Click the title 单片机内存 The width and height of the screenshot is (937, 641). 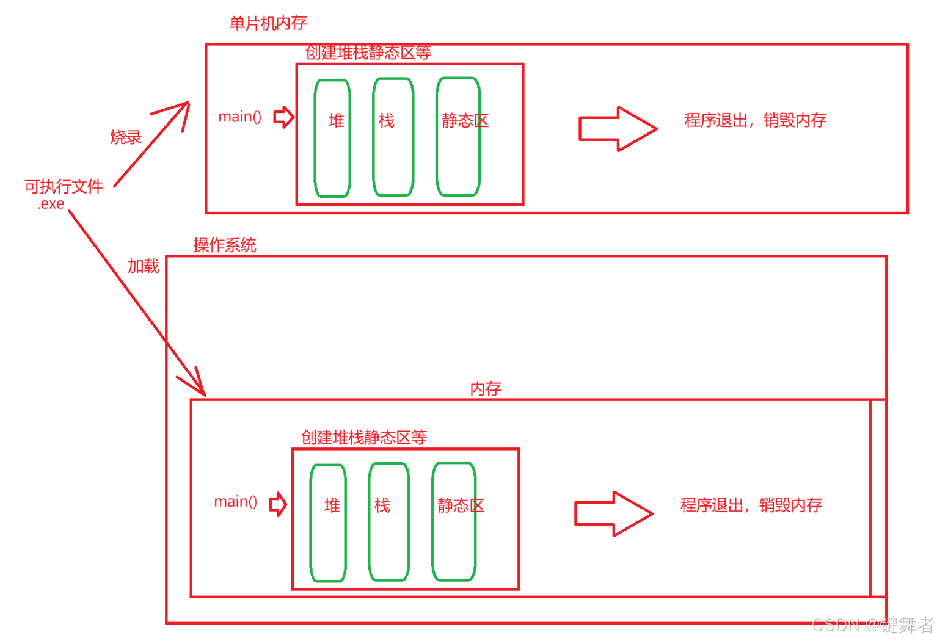pyautogui.click(x=268, y=23)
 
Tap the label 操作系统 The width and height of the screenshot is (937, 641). pyautogui.click(x=224, y=245)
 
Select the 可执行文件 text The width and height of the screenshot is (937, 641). pyautogui.click(x=64, y=186)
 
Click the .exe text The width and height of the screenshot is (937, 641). pyautogui.click(x=51, y=204)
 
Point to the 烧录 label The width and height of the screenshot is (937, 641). pyautogui.click(x=126, y=137)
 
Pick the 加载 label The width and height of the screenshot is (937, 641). pyautogui.click(x=143, y=266)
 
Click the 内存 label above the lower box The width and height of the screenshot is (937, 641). pyautogui.click(x=486, y=389)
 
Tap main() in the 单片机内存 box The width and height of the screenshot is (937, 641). pyautogui.click(x=240, y=117)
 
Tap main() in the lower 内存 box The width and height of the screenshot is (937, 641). pyautogui.click(x=236, y=502)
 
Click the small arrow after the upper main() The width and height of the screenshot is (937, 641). pyautogui.click(x=283, y=117)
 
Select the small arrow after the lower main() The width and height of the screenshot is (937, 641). pyautogui.click(x=279, y=504)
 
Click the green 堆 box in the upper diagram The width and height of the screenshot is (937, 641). pyautogui.click(x=332, y=138)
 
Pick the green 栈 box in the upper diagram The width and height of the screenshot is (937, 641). pyautogui.click(x=393, y=137)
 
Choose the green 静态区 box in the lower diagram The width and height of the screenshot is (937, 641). pyautogui.click(x=454, y=521)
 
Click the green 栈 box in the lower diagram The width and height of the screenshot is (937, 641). pyautogui.click(x=388, y=521)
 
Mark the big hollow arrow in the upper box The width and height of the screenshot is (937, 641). pyautogui.click(x=617, y=129)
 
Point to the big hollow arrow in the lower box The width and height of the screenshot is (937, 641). pyautogui.click(x=613, y=513)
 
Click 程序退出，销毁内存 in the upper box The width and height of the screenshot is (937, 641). pyautogui.click(x=755, y=120)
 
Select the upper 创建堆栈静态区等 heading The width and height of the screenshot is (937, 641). pyautogui.click(x=368, y=53)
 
